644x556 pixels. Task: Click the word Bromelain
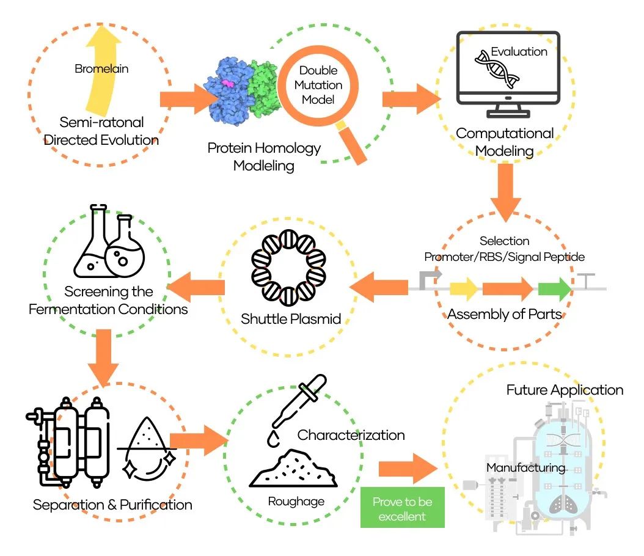(101, 69)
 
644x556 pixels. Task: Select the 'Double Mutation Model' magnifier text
(318, 85)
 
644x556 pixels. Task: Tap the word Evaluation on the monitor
(519, 52)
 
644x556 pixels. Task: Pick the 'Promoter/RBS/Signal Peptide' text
(504, 257)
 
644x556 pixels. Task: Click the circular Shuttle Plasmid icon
(290, 268)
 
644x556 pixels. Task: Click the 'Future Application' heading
(565, 390)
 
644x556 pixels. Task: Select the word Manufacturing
(525, 468)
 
